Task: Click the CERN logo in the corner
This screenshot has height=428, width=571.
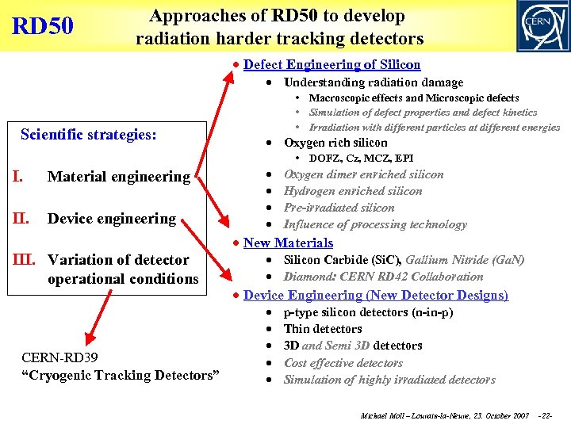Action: [x=542, y=26]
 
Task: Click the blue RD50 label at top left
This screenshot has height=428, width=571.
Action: [x=43, y=26]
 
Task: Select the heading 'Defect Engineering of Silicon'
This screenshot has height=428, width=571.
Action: [x=331, y=65]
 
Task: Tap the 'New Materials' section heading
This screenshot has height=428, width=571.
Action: [x=288, y=243]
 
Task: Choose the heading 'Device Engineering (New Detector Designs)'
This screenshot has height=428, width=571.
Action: [x=375, y=295]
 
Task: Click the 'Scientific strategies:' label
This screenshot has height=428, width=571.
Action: [x=88, y=135]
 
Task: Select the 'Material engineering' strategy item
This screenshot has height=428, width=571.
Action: [x=119, y=177]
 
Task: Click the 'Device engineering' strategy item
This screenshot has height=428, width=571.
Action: [x=112, y=218]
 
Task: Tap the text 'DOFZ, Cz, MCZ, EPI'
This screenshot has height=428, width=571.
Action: [x=361, y=159]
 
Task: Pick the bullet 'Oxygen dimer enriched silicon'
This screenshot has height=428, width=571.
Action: [x=363, y=174]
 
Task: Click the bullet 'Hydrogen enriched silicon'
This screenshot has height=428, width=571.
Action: [x=353, y=191]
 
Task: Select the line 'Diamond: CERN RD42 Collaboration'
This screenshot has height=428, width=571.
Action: [x=383, y=277]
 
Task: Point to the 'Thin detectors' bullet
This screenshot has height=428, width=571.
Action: [x=323, y=329]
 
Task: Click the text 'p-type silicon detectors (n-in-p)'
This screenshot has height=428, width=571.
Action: [x=368, y=312]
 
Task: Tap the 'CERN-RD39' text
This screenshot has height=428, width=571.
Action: [x=60, y=358]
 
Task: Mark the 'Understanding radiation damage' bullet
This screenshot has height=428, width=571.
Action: [x=374, y=82]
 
